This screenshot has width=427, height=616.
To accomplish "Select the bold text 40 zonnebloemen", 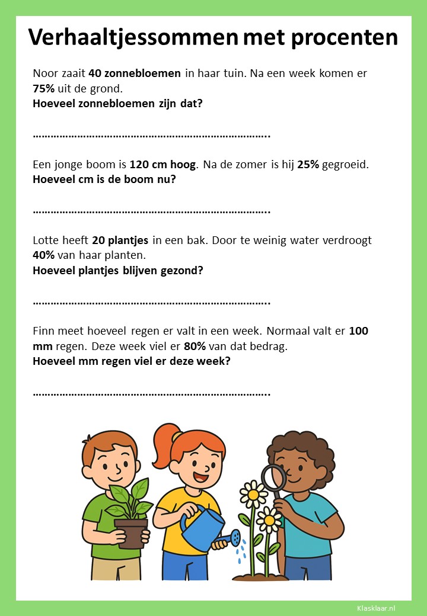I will tap(135, 73).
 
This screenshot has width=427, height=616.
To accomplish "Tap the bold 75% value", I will tap(44, 88).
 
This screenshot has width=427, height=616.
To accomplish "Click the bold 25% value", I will tap(308, 164).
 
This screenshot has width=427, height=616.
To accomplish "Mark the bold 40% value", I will tap(44, 255).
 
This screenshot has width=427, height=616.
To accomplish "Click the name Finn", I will tap(44, 331).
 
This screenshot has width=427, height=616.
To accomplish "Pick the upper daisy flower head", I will tap(253, 493).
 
